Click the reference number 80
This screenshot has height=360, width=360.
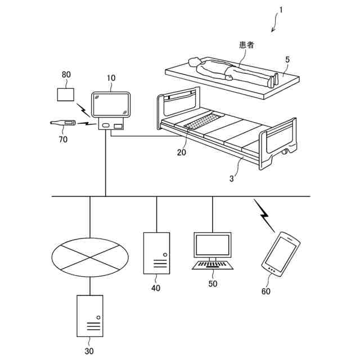[66, 75]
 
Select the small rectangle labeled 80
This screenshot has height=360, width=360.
[67, 94]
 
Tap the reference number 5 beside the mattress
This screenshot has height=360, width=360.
[287, 59]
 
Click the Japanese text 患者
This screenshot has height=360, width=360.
[246, 45]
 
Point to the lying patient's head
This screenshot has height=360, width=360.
[194, 61]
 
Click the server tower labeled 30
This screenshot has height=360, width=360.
[89, 316]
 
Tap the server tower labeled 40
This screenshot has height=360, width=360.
[156, 253]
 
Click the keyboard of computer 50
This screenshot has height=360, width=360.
[212, 264]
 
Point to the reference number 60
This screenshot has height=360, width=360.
[266, 291]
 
